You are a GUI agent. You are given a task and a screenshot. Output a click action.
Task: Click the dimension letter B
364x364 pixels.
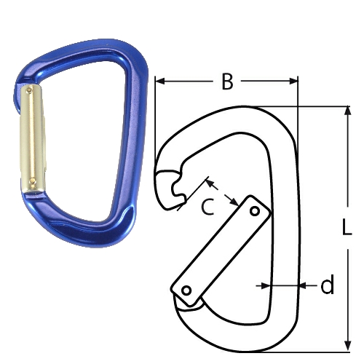[227, 82]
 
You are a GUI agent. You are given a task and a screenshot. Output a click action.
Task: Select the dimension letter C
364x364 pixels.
[207, 208]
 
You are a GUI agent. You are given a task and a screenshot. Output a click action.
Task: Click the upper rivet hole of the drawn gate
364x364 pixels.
[254, 210]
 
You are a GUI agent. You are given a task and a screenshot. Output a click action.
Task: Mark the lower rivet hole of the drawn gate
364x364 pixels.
[187, 290]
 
